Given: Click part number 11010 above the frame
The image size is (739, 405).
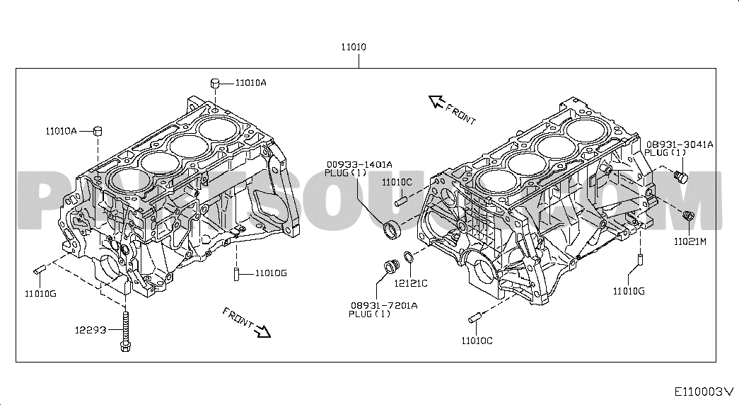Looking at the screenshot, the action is [x=354, y=47].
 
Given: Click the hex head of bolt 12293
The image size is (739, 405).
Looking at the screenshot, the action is [x=125, y=346].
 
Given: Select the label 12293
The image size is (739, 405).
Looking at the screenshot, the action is [x=91, y=330].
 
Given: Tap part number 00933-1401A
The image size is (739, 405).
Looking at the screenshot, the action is [x=359, y=164].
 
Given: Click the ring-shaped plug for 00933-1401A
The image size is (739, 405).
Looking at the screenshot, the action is [x=392, y=229].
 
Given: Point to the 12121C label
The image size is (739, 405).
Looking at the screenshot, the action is [x=411, y=283].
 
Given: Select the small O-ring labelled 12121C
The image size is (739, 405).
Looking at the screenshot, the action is [x=409, y=257].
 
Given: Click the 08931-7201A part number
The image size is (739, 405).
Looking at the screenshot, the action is [x=383, y=305].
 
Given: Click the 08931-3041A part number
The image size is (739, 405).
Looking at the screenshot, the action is [x=680, y=144].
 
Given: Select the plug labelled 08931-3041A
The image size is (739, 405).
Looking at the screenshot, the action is [x=680, y=176].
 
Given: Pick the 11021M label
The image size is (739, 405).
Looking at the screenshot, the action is [x=690, y=241].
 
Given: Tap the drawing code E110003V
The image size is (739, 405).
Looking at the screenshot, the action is [x=704, y=392].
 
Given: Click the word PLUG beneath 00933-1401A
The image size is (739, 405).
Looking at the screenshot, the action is [x=336, y=173].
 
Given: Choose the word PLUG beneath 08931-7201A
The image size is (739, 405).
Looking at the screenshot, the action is [x=361, y=314].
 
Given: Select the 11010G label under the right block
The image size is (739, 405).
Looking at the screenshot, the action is [x=629, y=291].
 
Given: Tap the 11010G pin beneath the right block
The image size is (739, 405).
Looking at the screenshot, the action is [x=641, y=261].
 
